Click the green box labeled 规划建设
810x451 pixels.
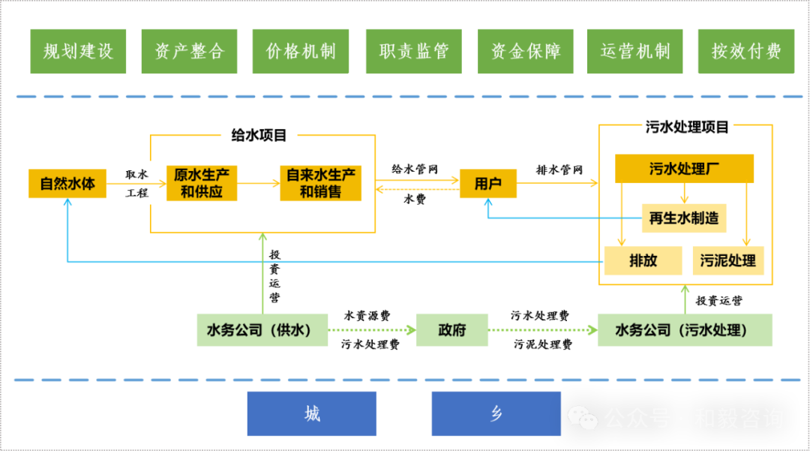point(78,51)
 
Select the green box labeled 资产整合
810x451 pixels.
point(189,51)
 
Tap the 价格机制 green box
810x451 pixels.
point(301,51)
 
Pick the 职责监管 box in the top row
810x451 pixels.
point(413,51)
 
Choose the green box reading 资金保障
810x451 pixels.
point(525,51)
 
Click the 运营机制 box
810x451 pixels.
point(634,51)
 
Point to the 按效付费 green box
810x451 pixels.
point(745,51)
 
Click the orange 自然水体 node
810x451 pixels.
point(67,184)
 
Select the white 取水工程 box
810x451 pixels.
point(136,183)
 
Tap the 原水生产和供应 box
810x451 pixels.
point(202,183)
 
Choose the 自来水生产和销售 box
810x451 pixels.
point(320,183)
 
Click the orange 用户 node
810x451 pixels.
point(488,183)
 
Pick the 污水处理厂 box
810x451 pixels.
point(684,168)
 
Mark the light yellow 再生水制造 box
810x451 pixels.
point(683,218)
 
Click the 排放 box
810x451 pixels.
point(643,260)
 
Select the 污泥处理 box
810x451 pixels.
point(727,260)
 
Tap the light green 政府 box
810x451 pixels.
point(451,329)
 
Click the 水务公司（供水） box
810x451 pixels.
point(262,329)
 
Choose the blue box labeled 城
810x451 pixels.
point(312,413)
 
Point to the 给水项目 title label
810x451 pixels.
point(259,135)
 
